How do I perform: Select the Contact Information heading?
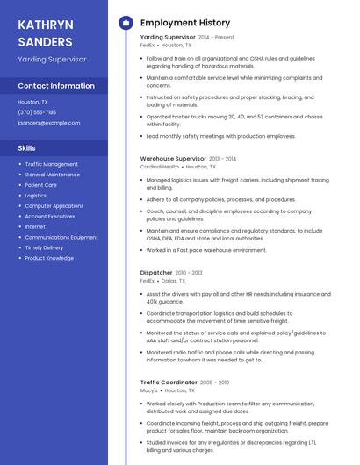(x=56, y=86)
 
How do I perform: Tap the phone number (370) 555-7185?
(x=37, y=112)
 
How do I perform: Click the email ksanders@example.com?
(x=49, y=123)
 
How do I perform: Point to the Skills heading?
(x=27, y=148)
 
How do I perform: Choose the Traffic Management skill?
(x=51, y=164)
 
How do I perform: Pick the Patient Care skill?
(x=40, y=185)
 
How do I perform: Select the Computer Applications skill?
(x=54, y=206)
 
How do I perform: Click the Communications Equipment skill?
(x=61, y=238)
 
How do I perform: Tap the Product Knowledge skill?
(x=49, y=259)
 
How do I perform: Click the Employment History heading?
(x=185, y=23)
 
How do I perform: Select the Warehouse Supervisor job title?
(x=173, y=159)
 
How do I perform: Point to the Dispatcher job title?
(x=156, y=273)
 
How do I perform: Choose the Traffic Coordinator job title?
(x=169, y=383)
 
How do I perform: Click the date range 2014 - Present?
(x=216, y=38)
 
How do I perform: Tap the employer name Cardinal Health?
(x=160, y=166)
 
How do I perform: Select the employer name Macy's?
(x=148, y=390)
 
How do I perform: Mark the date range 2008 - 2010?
(x=214, y=383)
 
